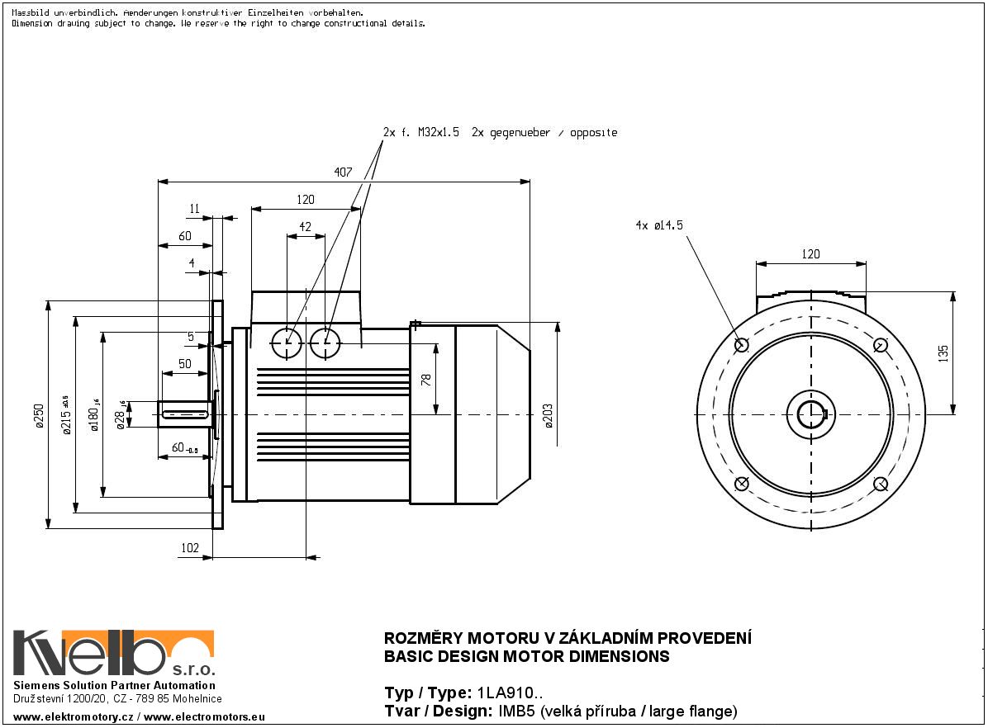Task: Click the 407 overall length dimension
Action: (x=343, y=173)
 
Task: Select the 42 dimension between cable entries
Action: (x=305, y=226)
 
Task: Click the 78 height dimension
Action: (x=426, y=379)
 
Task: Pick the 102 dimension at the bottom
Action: (x=190, y=547)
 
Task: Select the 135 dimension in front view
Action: (x=944, y=352)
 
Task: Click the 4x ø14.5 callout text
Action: (x=659, y=225)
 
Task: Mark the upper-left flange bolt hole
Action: (x=741, y=345)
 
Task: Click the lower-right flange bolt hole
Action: (x=881, y=484)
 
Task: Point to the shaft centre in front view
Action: (x=811, y=414)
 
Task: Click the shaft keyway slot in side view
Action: (x=186, y=414)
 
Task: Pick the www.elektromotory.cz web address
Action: (x=73, y=718)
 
